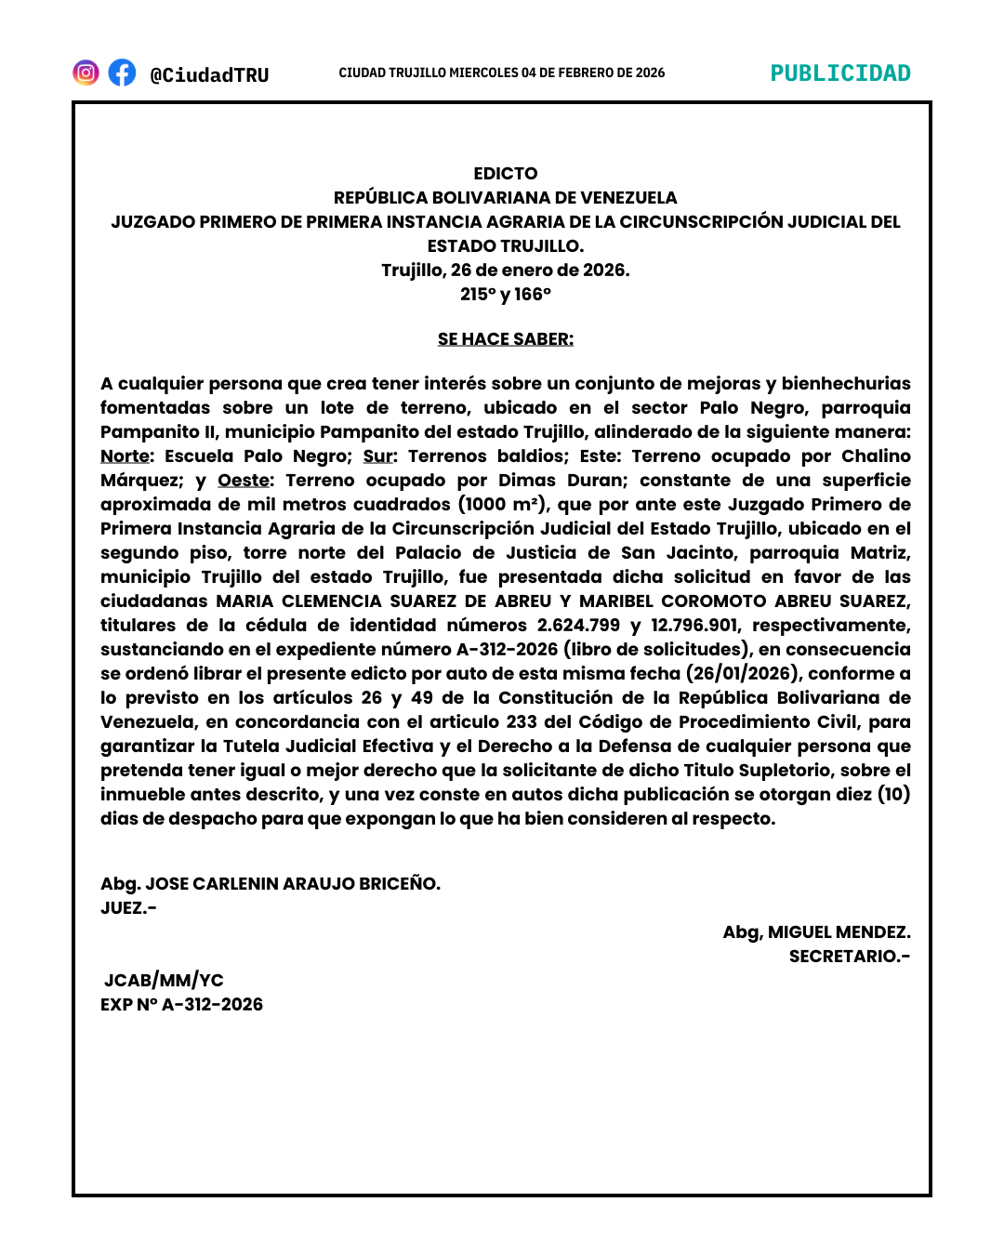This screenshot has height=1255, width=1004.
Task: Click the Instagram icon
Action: pos(86,73)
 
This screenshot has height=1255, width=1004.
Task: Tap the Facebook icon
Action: pos(122,73)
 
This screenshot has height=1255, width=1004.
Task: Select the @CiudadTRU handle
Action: pos(209,74)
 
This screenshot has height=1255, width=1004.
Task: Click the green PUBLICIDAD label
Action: pos(840,73)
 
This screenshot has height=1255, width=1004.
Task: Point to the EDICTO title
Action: pos(505,174)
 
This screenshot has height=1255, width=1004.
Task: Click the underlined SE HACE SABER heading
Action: pos(505,339)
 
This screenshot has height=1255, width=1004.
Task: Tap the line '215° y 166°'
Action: pos(505,295)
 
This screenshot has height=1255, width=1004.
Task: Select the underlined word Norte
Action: pos(125,456)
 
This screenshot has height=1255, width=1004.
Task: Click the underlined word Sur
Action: pos(377,456)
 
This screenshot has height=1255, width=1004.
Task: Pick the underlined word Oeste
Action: pos(244,481)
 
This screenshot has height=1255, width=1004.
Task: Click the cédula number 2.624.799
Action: pos(577,626)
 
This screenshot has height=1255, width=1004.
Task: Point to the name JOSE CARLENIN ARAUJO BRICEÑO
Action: pos(292,884)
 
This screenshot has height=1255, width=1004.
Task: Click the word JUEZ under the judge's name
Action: pos(125,908)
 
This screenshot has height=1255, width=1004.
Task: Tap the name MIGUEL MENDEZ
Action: pos(839,932)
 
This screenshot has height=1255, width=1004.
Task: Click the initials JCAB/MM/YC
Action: pos(164,981)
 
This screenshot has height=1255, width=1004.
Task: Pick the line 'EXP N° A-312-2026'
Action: pos(181,1005)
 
